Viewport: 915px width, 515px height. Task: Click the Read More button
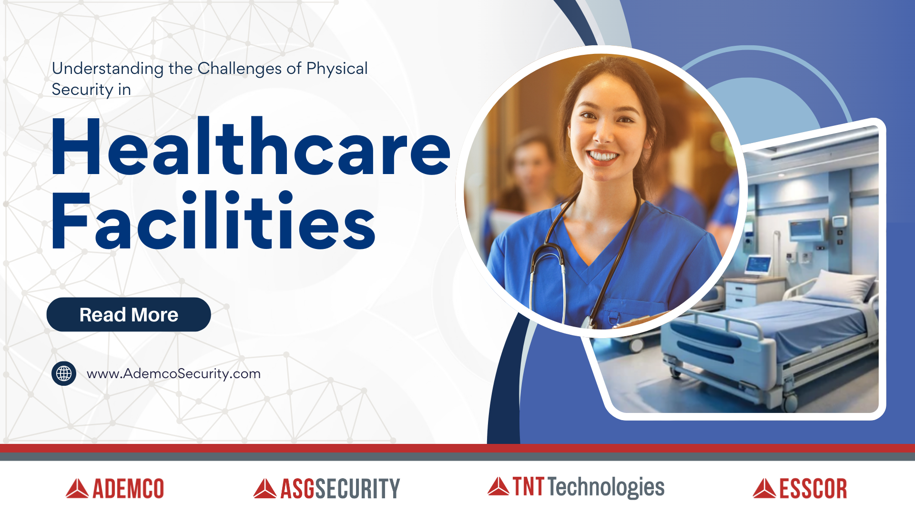(129, 315)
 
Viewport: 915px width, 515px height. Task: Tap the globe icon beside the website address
(64, 373)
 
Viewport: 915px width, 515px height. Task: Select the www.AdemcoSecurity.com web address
(173, 373)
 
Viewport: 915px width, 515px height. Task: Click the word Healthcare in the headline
(251, 147)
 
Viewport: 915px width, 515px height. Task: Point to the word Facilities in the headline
(213, 220)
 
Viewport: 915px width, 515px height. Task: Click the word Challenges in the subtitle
(239, 69)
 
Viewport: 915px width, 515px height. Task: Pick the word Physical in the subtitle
(337, 69)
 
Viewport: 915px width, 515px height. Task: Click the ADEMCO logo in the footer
(115, 489)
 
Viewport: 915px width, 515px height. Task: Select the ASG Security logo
(327, 489)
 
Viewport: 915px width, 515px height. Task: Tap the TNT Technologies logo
(576, 487)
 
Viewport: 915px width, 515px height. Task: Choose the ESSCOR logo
(800, 489)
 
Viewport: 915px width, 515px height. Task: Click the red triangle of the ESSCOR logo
(764, 488)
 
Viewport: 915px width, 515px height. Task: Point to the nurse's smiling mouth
(603, 156)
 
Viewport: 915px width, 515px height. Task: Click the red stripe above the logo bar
(457, 448)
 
